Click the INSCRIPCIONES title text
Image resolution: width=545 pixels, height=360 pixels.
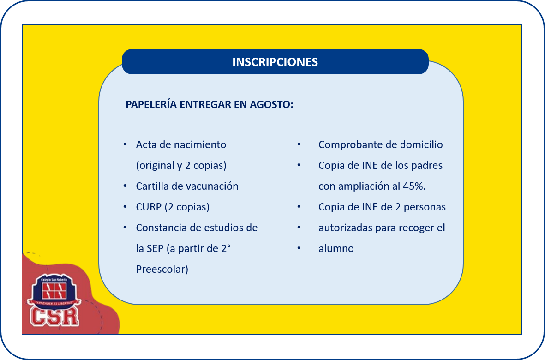275,62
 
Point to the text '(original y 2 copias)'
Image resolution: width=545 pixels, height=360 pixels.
181,165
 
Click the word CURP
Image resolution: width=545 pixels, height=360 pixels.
149,207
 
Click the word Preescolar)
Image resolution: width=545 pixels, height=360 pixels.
162,269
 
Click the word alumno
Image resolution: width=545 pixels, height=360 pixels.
336,249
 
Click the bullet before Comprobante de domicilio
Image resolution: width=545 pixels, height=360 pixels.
299,144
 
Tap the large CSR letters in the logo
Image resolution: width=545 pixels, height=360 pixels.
54,317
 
